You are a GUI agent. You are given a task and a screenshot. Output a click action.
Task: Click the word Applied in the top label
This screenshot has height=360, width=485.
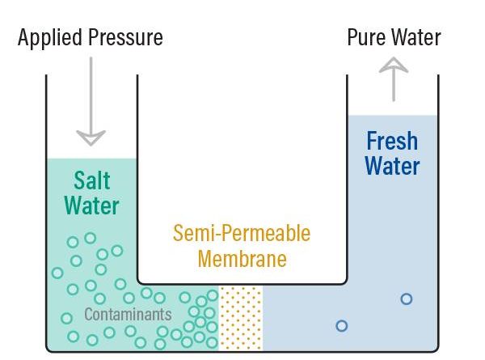tap(48, 37)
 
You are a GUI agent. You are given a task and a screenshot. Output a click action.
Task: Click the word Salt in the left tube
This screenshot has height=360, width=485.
tap(91, 180)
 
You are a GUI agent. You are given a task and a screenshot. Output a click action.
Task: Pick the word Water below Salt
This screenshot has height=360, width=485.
tap(91, 205)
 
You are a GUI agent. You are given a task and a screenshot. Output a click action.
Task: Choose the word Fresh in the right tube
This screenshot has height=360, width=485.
tap(392, 141)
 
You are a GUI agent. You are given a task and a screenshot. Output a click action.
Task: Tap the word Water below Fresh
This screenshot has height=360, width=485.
tap(392, 167)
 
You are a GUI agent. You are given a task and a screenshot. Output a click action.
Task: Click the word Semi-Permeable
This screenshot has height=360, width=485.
tap(242, 234)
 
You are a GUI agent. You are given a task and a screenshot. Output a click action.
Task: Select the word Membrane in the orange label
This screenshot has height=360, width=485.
tap(242, 259)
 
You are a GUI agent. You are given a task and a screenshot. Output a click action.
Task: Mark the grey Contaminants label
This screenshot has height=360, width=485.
tap(128, 314)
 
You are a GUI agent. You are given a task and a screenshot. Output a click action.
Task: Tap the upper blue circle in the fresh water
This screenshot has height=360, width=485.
tap(407, 299)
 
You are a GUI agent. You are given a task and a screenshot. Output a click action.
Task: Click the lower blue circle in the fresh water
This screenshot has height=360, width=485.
tap(341, 326)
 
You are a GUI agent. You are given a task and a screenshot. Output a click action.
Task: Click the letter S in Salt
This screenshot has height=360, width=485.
tap(79, 180)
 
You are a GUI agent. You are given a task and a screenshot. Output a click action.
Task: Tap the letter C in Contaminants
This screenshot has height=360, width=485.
tap(88, 314)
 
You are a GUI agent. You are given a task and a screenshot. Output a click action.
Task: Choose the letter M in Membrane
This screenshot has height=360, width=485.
tap(206, 259)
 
